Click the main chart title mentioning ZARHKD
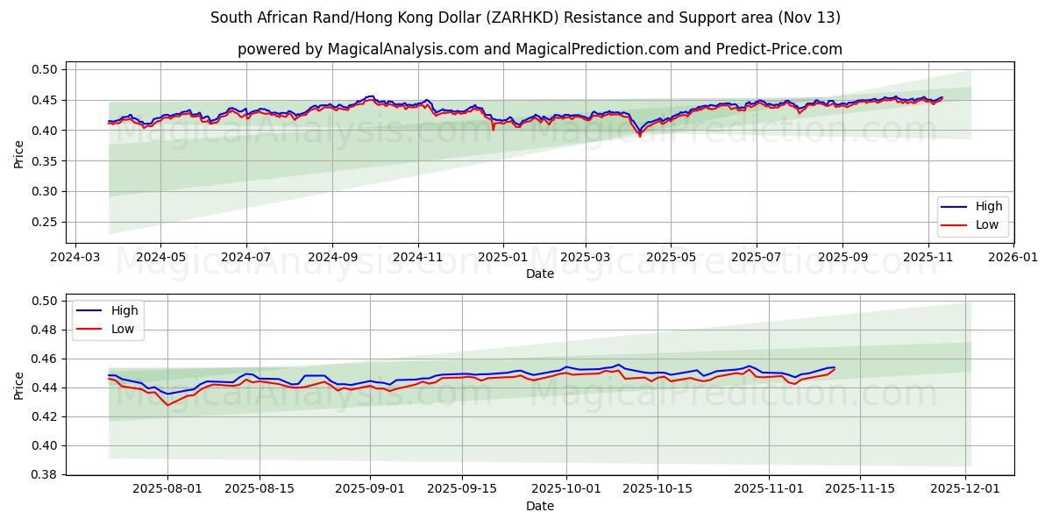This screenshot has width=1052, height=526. (x=526, y=18)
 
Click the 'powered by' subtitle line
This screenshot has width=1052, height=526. (x=540, y=49)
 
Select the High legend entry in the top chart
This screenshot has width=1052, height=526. (x=983, y=207)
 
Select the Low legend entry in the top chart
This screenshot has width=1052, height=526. (x=983, y=225)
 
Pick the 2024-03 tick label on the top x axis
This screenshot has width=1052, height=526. (x=75, y=257)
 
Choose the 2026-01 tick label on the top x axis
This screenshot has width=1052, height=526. (x=1013, y=257)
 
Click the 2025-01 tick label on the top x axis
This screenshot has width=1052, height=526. (x=502, y=257)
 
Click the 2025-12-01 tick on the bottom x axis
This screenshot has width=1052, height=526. (x=965, y=489)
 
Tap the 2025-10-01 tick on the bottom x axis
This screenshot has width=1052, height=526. (x=566, y=489)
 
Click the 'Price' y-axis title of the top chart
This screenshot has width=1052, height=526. (x=19, y=153)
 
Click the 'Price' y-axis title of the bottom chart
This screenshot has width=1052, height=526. (x=19, y=385)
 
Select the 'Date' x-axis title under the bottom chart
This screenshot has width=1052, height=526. (x=540, y=506)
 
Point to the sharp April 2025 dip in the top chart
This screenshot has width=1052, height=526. (x=640, y=135)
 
